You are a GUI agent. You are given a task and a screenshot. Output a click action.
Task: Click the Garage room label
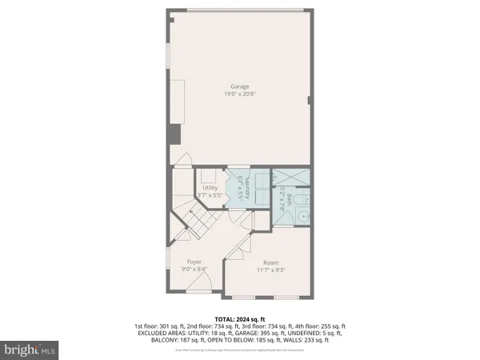240,86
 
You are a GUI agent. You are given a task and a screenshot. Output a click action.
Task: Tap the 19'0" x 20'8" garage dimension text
240,94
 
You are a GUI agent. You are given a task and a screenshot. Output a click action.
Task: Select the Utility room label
210,187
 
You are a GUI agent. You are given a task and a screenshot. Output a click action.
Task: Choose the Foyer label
194,262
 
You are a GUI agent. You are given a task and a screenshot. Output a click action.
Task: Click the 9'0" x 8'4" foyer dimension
194,270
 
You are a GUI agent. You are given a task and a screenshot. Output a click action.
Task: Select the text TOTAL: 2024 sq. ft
240,318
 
